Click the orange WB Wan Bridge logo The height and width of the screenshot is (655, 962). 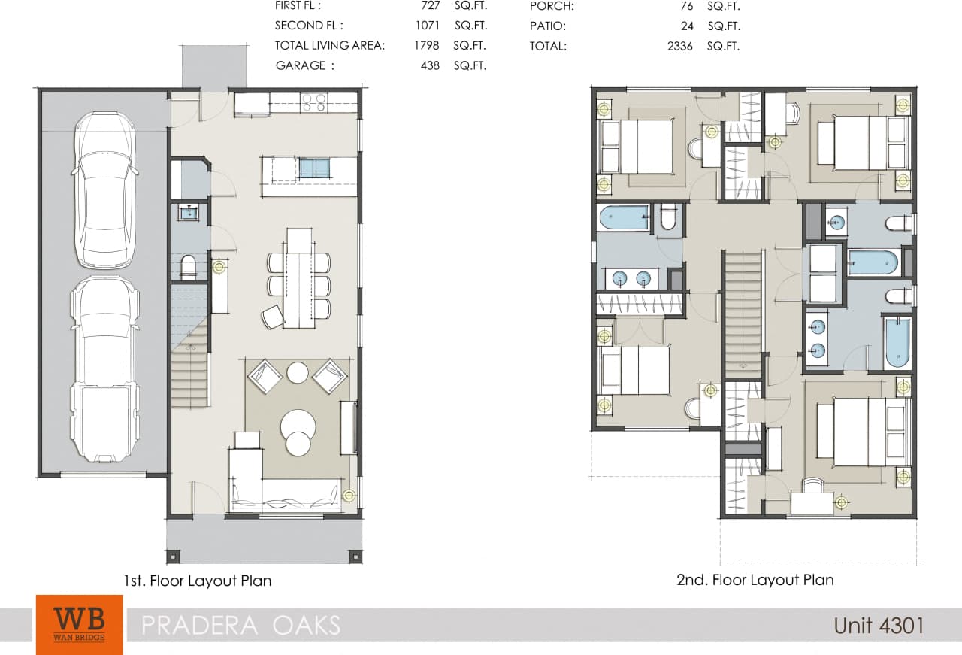click(79, 624)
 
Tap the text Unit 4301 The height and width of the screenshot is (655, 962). click(878, 625)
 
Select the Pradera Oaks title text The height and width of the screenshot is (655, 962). click(240, 625)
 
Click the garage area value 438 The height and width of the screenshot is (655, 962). click(430, 65)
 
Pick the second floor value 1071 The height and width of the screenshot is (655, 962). click(427, 26)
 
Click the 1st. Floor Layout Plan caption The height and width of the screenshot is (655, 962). click(198, 581)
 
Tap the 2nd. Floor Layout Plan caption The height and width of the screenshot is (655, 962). click(755, 580)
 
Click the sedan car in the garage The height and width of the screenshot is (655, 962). click(105, 190)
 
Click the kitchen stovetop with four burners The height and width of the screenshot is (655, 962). click(313, 102)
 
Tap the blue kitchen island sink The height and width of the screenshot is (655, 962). click(314, 168)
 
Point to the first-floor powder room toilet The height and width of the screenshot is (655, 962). click(188, 266)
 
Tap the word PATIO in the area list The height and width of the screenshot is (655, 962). click(548, 26)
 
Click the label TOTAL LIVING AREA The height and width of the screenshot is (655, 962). click(330, 45)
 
